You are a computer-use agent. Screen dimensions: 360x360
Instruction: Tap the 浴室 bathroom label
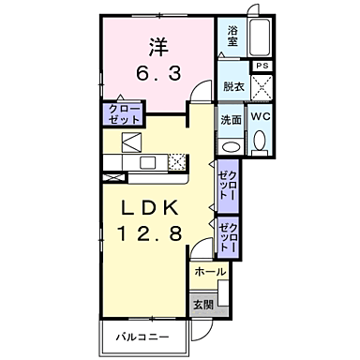233,37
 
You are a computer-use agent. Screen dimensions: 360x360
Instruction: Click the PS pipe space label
262,66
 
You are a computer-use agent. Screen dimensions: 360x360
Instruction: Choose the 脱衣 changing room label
233,86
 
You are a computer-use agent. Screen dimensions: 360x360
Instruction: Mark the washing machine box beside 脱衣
263,87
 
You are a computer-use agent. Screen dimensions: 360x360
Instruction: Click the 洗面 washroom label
232,119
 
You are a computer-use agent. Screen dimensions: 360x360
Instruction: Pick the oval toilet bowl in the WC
261,143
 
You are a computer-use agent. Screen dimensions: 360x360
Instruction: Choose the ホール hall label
209,271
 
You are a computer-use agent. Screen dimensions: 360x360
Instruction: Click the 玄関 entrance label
202,306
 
